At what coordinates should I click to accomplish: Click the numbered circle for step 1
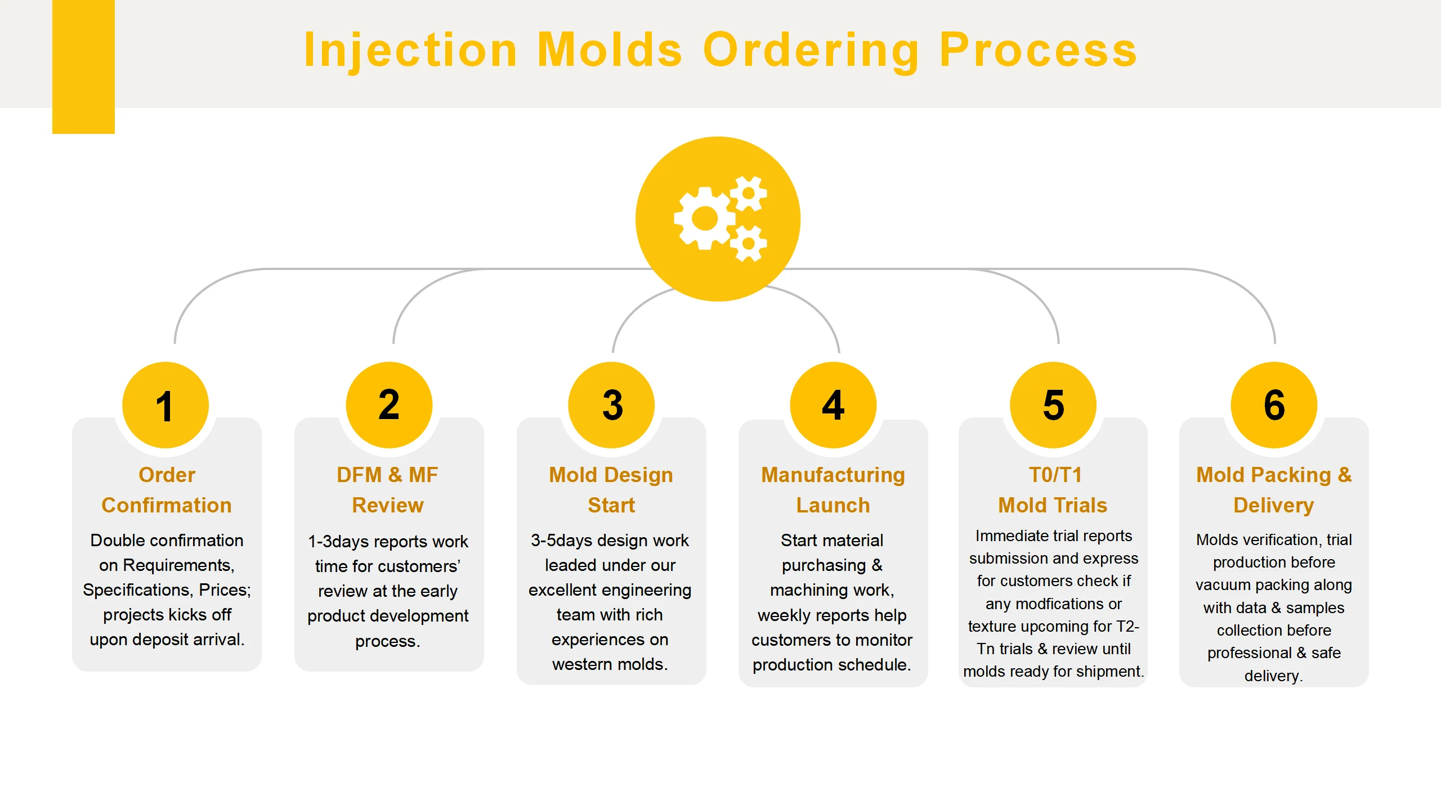point(165,405)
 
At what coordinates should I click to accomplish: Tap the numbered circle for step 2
point(389,405)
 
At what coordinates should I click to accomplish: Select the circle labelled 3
point(611,405)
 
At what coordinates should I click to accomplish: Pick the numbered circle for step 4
point(833,405)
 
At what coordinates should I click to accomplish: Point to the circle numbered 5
point(1053,405)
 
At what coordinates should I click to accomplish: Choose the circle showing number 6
point(1274,405)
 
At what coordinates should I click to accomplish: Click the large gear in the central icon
point(705,218)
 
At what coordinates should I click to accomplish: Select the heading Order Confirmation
point(167,490)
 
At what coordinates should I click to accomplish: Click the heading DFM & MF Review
point(388,490)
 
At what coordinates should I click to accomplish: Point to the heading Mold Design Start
point(611,490)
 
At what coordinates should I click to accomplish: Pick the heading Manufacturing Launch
point(833,490)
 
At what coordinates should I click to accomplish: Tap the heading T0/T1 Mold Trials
point(1053,490)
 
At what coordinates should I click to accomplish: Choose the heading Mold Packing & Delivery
point(1274,490)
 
